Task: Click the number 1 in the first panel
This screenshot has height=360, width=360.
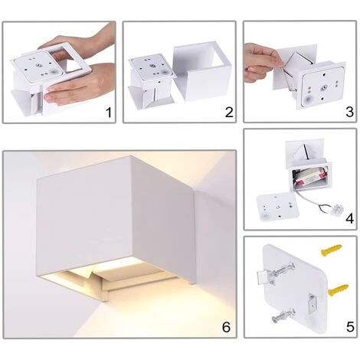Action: click(x=109, y=113)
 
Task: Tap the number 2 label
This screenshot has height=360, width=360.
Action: click(x=229, y=113)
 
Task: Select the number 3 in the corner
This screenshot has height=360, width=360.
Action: click(x=349, y=112)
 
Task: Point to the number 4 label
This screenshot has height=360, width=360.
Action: click(x=349, y=219)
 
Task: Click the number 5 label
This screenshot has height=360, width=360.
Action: click(x=350, y=327)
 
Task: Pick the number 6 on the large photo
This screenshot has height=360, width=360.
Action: click(x=226, y=327)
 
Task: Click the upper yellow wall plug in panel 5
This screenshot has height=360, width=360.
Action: click(x=331, y=250)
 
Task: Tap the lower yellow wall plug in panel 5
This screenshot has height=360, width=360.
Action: click(x=338, y=290)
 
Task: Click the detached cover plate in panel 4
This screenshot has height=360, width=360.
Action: click(x=277, y=207)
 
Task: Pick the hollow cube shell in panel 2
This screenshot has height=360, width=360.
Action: click(x=201, y=70)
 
